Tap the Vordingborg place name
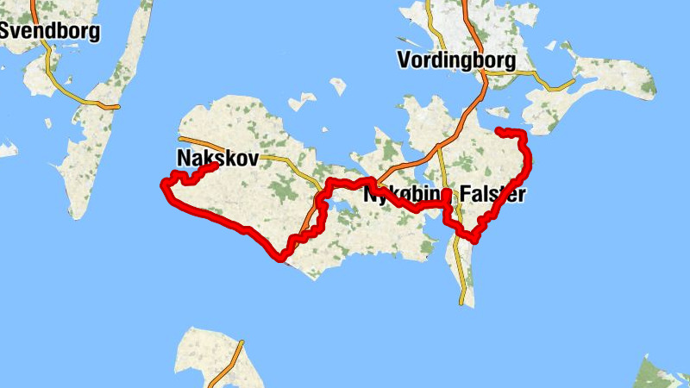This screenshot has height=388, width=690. [x=456, y=60]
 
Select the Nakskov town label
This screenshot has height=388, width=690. [x=217, y=158]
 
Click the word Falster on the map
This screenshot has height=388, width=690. [x=492, y=194]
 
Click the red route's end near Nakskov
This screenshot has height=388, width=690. [x=212, y=166]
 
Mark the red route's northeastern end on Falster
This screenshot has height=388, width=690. [x=499, y=131]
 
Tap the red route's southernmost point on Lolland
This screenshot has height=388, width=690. [x=280, y=257]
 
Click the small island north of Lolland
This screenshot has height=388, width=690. [x=338, y=86]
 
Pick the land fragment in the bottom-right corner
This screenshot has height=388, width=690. [x=664, y=375]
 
